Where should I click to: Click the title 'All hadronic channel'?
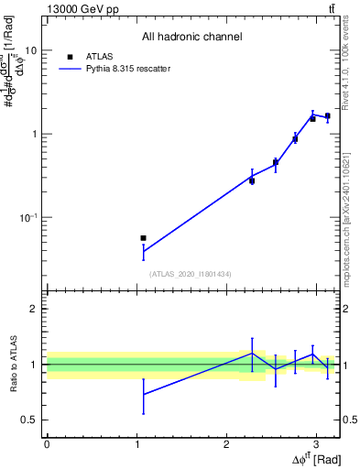191,38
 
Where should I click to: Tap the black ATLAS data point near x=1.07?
143,238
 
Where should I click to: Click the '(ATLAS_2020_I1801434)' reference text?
191,274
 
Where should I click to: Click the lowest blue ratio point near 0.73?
143,394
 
